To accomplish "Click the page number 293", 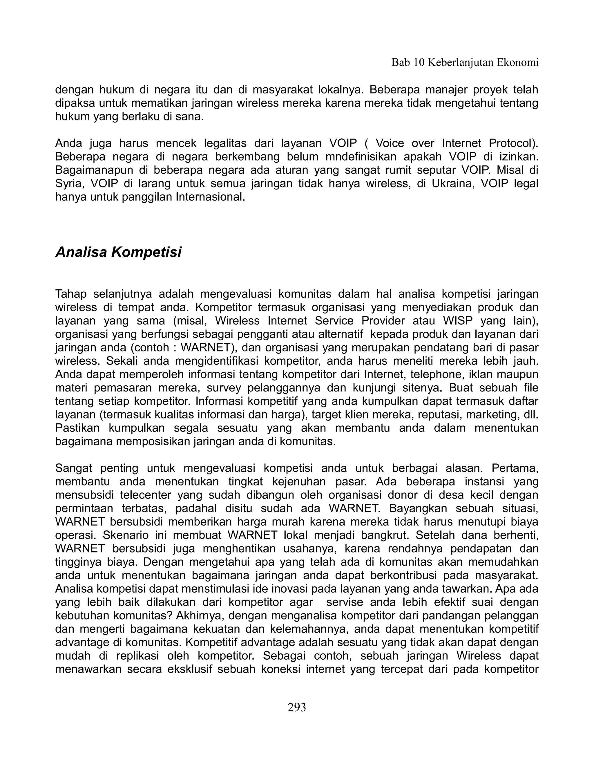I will [297, 707].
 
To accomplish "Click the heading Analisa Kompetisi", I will [118, 252].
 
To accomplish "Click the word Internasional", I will [210, 197].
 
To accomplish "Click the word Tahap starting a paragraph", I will [70, 294].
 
